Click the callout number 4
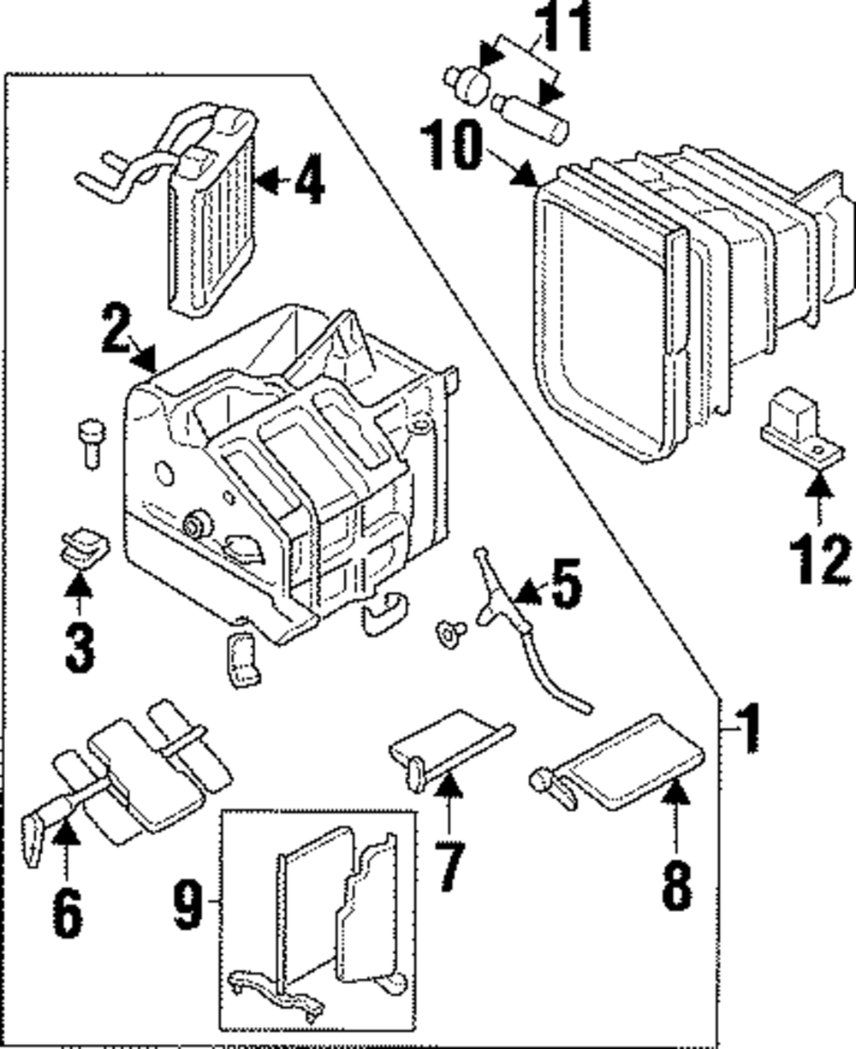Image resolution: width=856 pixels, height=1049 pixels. pos(310,179)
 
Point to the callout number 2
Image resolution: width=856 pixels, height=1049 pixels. pos(117,329)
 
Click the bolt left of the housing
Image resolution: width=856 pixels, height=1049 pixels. pos(92,444)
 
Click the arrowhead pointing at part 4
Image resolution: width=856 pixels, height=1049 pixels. pos(267,180)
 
